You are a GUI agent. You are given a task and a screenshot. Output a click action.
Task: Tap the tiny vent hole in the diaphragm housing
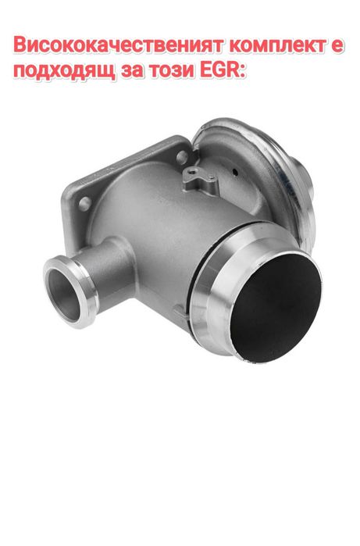236,167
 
